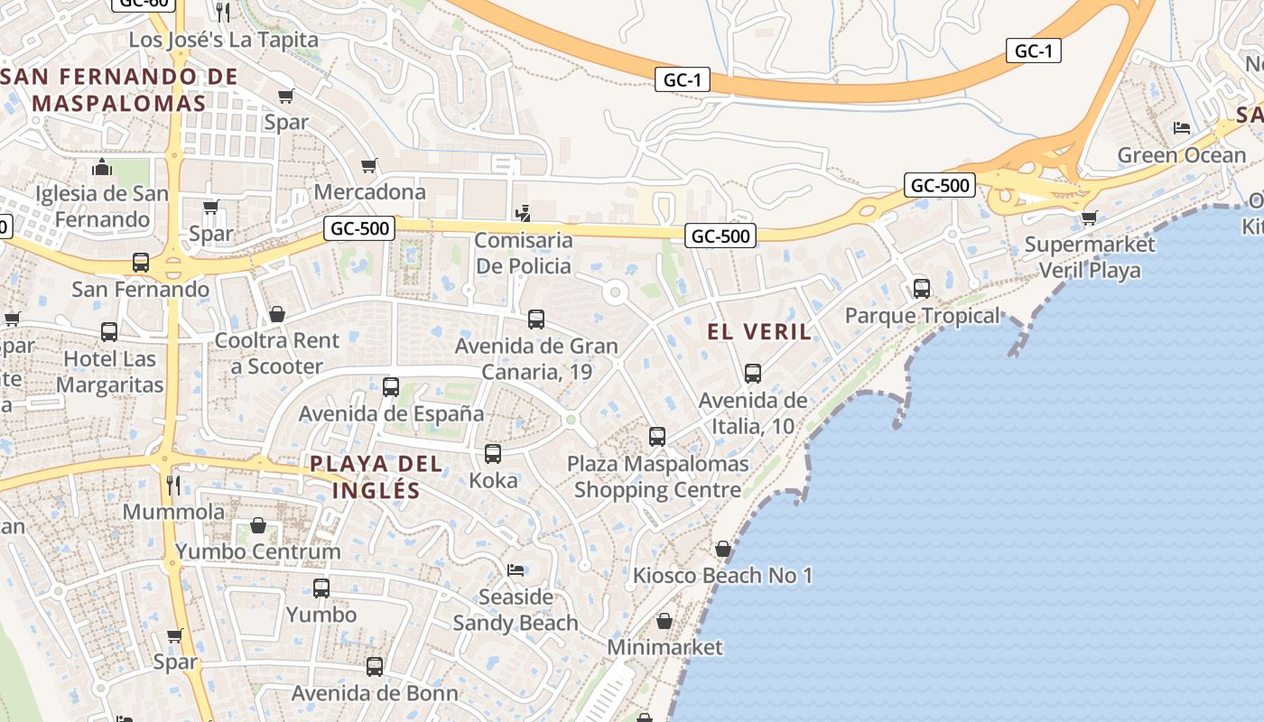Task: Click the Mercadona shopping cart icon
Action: coord(368,165)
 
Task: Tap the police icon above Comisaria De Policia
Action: coord(522,214)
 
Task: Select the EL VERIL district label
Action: coord(759,332)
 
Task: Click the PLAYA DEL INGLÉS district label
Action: coord(376,477)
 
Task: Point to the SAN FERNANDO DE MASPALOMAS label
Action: coord(120,89)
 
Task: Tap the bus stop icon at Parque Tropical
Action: coord(921,289)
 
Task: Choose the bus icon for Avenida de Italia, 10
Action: coord(752,373)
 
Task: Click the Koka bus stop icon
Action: coord(493,453)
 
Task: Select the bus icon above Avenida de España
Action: coord(391,386)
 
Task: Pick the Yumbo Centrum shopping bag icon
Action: coord(258,524)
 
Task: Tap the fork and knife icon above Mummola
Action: coord(173,486)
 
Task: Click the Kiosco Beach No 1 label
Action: coord(723,575)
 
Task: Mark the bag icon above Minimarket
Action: coord(665,621)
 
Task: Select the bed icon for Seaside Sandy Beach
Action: coord(516,569)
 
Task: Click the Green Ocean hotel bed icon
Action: coord(1181,127)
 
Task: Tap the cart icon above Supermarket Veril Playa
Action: coord(1090,218)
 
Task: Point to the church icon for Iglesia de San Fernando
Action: coord(102,167)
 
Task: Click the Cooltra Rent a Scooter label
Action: coord(276,353)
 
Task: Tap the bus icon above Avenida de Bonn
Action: coord(375,667)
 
